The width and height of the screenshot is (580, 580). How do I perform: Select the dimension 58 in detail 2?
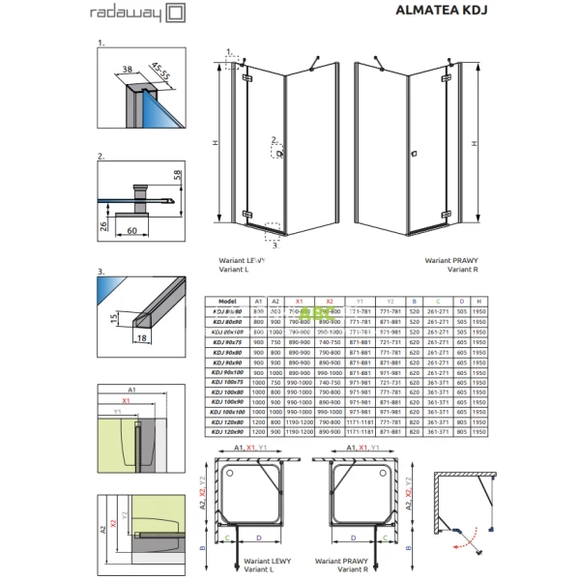pyautogui.click(x=176, y=180)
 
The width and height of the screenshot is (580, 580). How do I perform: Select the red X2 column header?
pyautogui.click(x=329, y=301)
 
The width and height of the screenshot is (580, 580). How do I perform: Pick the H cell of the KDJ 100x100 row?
pyautogui.click(x=477, y=411)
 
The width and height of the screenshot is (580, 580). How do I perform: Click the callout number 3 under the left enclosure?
pyautogui.click(x=262, y=246)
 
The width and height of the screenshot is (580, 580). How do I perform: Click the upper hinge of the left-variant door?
pyautogui.click(x=247, y=77)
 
